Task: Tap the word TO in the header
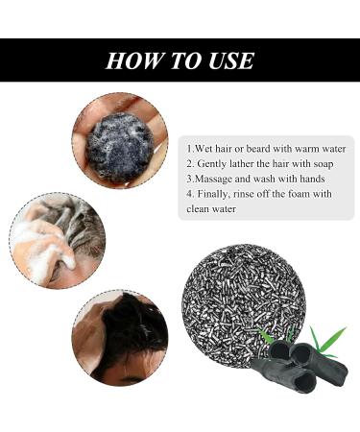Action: [180, 60]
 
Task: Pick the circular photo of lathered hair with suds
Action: [58, 239]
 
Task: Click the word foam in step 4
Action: [308, 194]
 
